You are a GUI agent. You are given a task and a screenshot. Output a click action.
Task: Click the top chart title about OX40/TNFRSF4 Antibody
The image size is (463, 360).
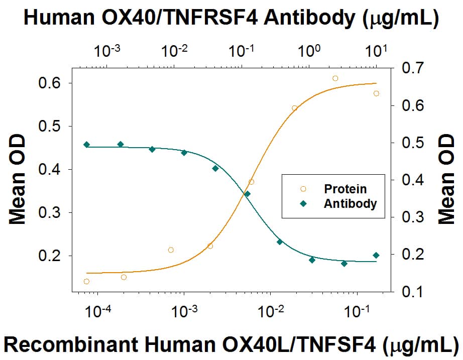[231, 18]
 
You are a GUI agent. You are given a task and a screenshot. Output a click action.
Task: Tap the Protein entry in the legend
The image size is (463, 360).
[345, 189]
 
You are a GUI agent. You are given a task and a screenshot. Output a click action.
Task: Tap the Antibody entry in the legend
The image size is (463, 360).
[350, 204]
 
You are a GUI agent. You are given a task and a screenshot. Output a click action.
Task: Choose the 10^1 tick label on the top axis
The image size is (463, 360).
[376, 51]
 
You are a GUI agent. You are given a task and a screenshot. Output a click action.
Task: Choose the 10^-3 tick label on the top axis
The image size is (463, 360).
[111, 51]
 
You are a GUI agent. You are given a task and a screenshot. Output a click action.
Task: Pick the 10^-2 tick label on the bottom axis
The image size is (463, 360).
[270, 312]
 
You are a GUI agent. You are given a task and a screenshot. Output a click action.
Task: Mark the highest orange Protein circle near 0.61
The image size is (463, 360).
[335, 78]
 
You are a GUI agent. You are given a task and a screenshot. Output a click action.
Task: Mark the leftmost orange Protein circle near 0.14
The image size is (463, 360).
[86, 282]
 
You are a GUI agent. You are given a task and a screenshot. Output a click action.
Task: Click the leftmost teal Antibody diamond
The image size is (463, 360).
[86, 145]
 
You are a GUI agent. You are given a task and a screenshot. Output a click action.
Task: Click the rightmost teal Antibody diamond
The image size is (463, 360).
[376, 255]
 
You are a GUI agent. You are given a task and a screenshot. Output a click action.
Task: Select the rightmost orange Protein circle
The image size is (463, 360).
[376, 93]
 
